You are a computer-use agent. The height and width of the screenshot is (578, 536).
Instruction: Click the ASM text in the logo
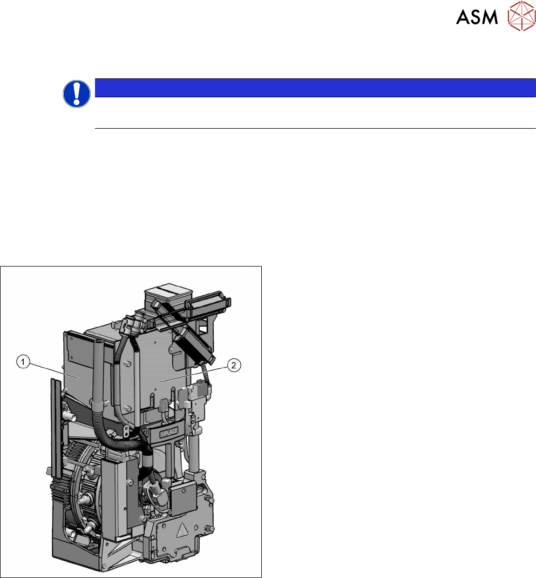click(x=477, y=17)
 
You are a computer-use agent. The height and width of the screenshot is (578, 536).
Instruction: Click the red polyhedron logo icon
click(x=521, y=16)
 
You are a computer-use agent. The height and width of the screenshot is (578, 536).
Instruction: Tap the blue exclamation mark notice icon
click(x=77, y=94)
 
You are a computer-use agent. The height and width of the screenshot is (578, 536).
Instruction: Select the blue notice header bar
click(x=315, y=88)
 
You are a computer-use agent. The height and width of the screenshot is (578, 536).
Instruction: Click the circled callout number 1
click(x=23, y=362)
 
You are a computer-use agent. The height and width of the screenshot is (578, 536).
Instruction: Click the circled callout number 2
click(x=234, y=366)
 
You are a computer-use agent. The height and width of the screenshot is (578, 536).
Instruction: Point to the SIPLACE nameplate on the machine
click(x=169, y=433)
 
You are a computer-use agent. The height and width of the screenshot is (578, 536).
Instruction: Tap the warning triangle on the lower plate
click(x=182, y=530)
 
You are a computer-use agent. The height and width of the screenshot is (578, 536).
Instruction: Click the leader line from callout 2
click(x=193, y=374)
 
